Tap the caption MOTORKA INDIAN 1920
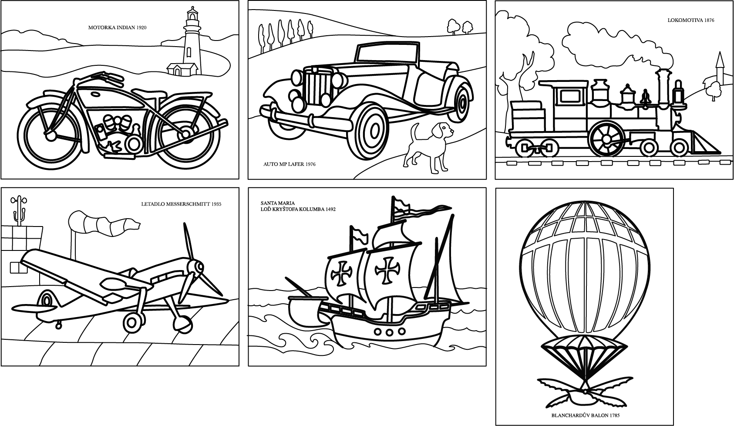click(117, 27)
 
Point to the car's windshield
click(388, 52)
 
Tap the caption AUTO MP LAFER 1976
click(290, 164)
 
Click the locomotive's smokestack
click(663, 89)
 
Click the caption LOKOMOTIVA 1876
click(691, 20)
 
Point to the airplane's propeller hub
click(197, 267)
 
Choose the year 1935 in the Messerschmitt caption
click(216, 204)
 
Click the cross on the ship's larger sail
click(387, 270)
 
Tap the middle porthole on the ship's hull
click(389, 332)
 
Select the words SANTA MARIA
click(278, 203)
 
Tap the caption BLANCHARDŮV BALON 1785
click(586, 415)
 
